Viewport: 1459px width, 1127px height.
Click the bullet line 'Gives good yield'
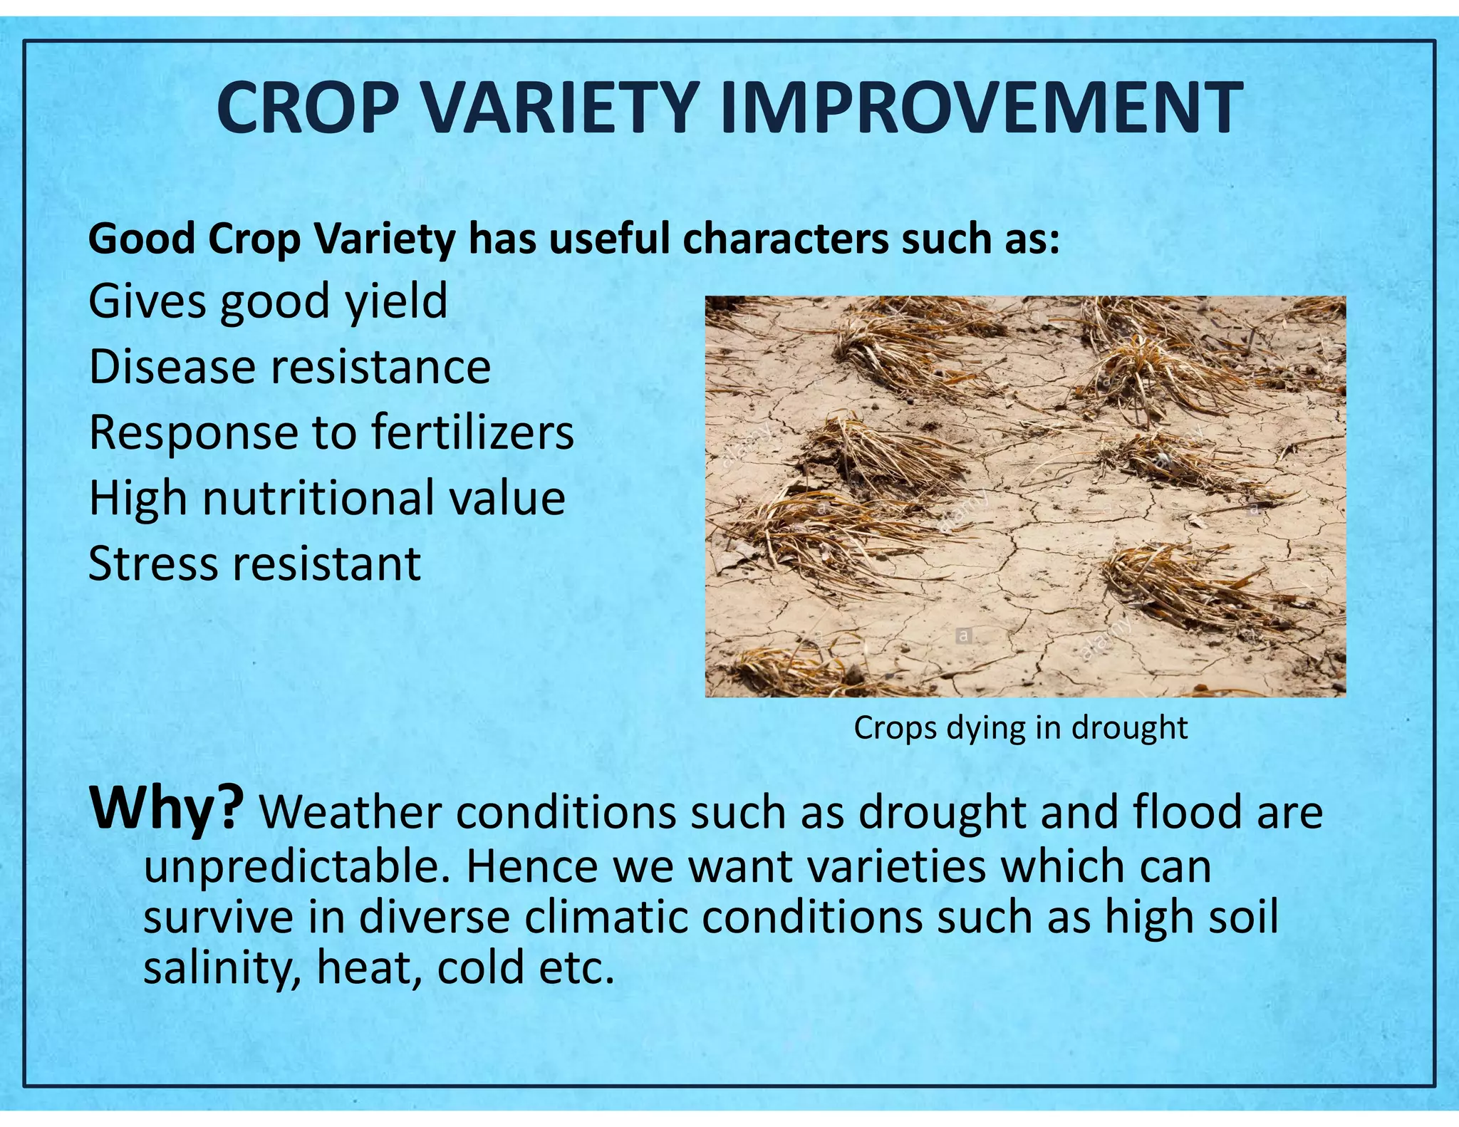pyautogui.click(x=268, y=302)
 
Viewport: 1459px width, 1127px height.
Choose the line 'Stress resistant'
pyautogui.click(x=254, y=564)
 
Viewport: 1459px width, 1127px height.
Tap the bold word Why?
pyautogui.click(x=166, y=809)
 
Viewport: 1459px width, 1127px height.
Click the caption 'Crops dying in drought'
pyautogui.click(x=1020, y=728)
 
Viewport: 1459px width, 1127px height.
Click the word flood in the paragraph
pyautogui.click(x=1187, y=812)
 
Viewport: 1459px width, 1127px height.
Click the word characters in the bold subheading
pyautogui.click(x=785, y=239)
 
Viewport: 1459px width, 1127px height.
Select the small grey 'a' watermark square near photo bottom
pyautogui.click(x=963, y=635)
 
